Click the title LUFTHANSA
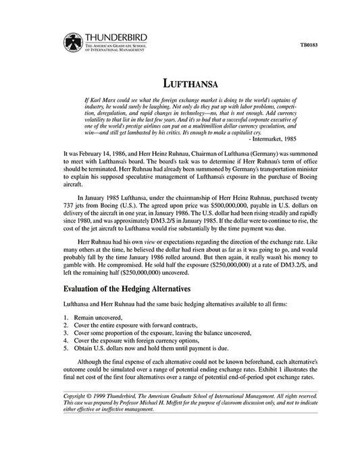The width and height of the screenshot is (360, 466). click(180, 84)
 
